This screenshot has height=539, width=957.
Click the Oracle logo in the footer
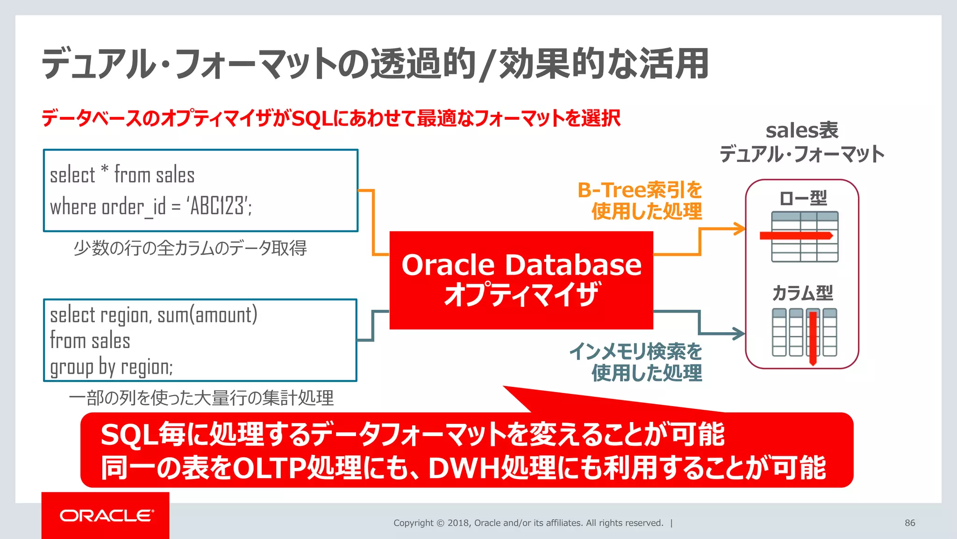click(x=106, y=516)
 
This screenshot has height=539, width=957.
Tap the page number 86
click(x=909, y=523)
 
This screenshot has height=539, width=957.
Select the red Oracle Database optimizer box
click(x=521, y=280)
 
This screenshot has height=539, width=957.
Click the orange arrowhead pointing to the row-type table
click(x=740, y=229)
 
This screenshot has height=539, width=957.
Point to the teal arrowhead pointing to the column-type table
click(x=739, y=334)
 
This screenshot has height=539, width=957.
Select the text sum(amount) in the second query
click(x=207, y=315)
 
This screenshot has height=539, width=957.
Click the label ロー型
click(x=803, y=198)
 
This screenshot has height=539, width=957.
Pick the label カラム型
click(x=802, y=293)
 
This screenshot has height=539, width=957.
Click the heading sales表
click(x=802, y=131)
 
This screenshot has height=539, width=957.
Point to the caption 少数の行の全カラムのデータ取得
click(x=190, y=248)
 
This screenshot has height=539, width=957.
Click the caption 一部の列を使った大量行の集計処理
click(x=201, y=398)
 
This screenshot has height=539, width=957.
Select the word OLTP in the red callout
click(x=269, y=467)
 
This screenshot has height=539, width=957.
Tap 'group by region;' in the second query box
click(x=111, y=367)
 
